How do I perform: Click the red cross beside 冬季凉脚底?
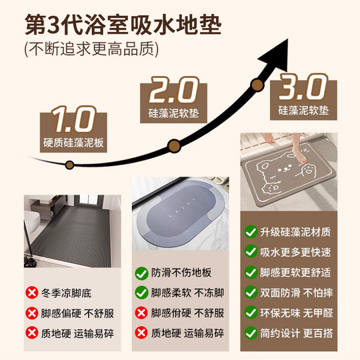pyautogui.click(x=31, y=293)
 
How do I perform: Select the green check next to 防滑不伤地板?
pyautogui.click(x=141, y=273)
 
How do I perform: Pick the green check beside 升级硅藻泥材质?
pyautogui.click(x=251, y=231)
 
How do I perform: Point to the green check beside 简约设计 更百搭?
pyautogui.click(x=251, y=331)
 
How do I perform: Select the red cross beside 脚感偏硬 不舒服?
pyautogui.click(x=31, y=313)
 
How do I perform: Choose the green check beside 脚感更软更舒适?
pyautogui.click(x=251, y=271)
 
